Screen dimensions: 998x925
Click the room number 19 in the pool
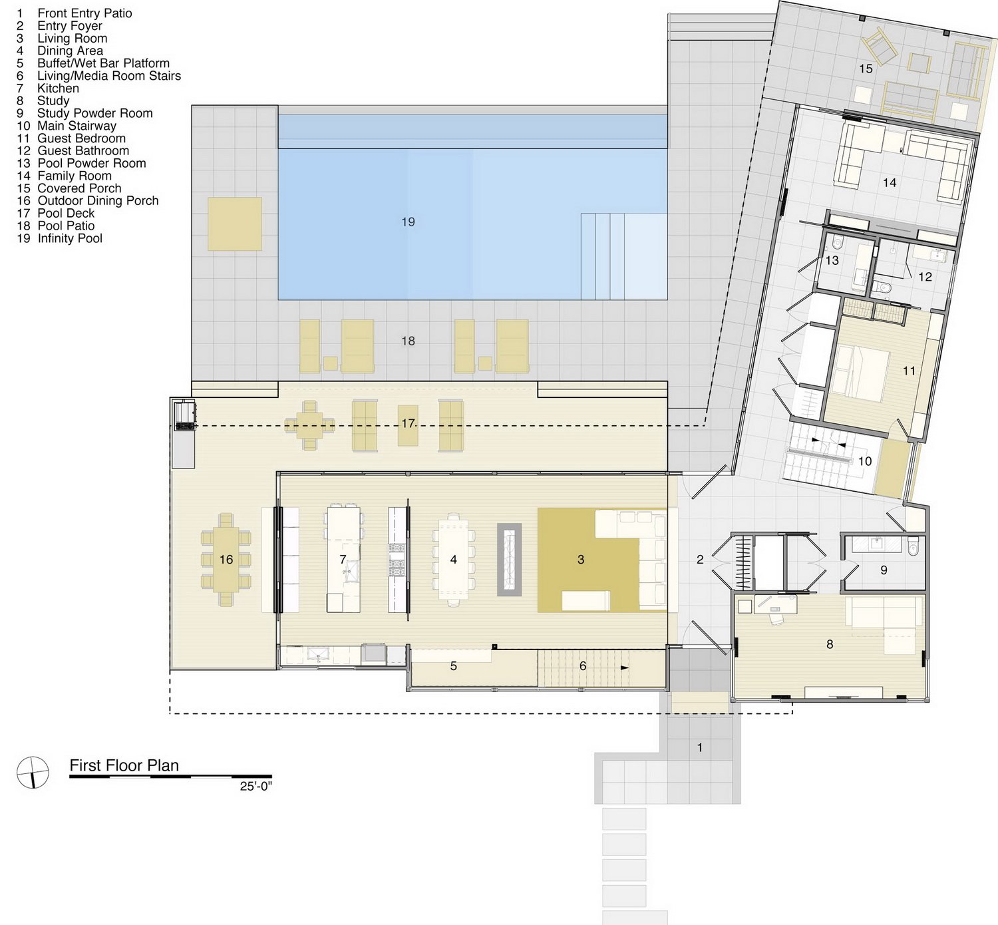pyautogui.click(x=408, y=222)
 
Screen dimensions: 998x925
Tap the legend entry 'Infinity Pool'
pyautogui.click(x=70, y=238)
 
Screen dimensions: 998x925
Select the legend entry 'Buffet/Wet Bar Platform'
pyautogui.click(x=104, y=63)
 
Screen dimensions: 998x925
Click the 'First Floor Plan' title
pyautogui.click(x=124, y=765)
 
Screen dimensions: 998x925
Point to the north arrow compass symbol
pyautogui.click(x=33, y=772)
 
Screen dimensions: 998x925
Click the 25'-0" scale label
pyautogui.click(x=255, y=787)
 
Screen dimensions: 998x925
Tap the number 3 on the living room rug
pyautogui.click(x=581, y=560)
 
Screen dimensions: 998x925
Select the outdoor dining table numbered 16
pyautogui.click(x=226, y=560)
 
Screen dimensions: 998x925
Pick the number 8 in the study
pyautogui.click(x=830, y=644)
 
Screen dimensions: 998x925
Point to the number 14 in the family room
pyautogui.click(x=890, y=182)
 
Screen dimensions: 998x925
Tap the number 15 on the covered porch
pyautogui.click(x=866, y=69)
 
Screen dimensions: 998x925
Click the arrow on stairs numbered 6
pyautogui.click(x=625, y=668)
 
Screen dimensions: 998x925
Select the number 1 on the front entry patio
pyautogui.click(x=700, y=747)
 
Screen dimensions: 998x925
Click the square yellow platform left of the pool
pyautogui.click(x=235, y=224)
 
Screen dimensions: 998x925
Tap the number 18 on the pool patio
pyautogui.click(x=408, y=341)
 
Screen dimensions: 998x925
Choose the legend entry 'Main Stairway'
pyautogui.click(x=77, y=126)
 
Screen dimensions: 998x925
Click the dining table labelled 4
pyautogui.click(x=453, y=560)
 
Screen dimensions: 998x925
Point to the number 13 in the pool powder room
pyautogui.click(x=832, y=260)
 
